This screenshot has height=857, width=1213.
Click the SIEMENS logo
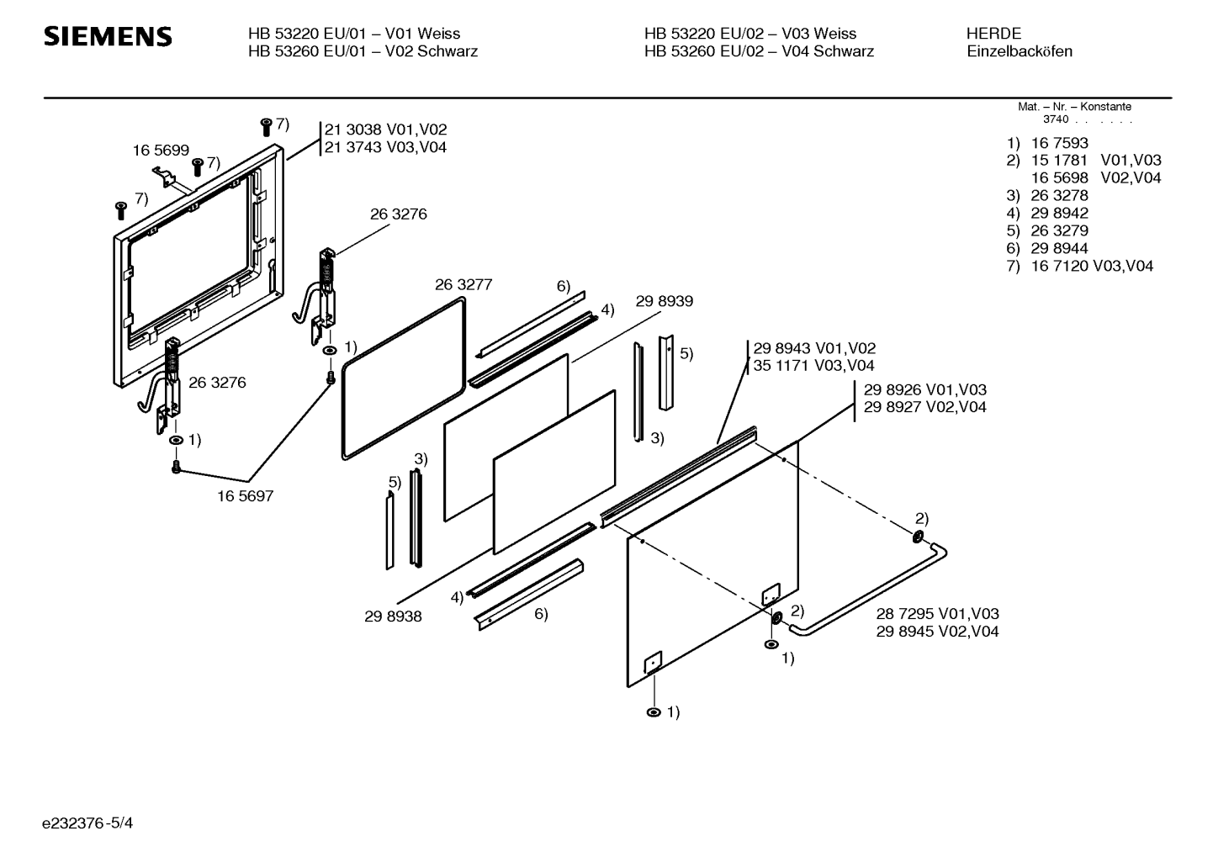point(108,36)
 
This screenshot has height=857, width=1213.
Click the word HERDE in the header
point(993,34)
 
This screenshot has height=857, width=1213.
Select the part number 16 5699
point(161,151)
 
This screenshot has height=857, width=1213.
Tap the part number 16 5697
point(245,496)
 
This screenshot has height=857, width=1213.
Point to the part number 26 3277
point(463,285)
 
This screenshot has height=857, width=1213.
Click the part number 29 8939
point(665,302)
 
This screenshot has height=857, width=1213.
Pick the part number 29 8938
point(393,616)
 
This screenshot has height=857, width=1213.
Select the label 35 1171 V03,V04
point(813,366)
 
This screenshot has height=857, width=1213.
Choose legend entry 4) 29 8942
point(1047,213)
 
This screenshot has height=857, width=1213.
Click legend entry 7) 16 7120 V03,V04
point(1080,266)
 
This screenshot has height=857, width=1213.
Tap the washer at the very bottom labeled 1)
point(654,712)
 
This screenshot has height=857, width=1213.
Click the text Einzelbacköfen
point(1019,51)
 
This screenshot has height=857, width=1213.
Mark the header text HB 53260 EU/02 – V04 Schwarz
point(759,51)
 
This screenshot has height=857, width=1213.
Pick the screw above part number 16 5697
point(177,466)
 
